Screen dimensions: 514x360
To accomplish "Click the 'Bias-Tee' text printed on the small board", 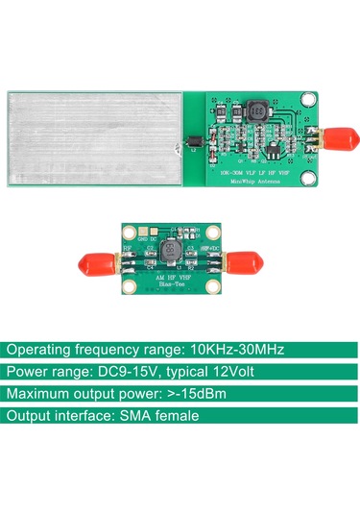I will coord(168,285).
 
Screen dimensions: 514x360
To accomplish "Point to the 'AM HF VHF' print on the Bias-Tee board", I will coord(168,276).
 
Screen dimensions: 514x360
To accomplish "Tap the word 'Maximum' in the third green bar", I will coord(39,394).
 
